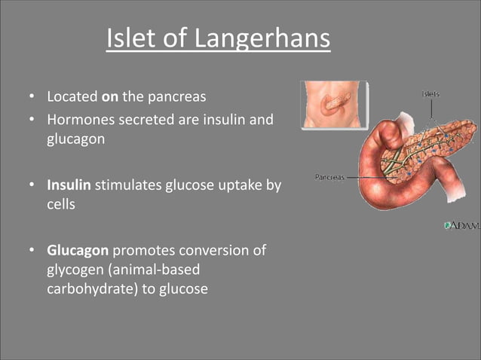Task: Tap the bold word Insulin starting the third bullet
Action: (69, 185)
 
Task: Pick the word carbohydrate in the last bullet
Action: (91, 289)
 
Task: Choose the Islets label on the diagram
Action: (432, 94)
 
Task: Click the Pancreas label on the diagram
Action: (329, 177)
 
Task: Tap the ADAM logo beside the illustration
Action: (461, 225)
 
